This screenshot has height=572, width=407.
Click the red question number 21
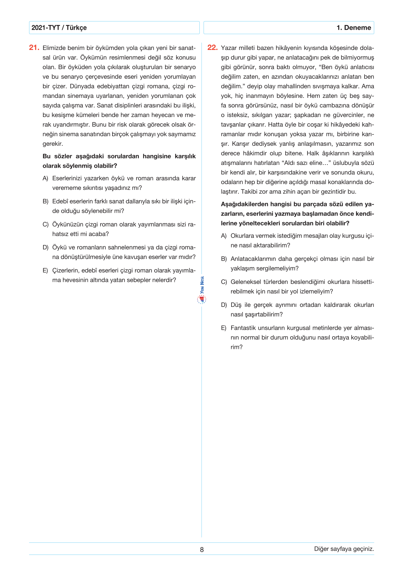click(34, 48)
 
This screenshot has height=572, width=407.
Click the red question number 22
click(212, 48)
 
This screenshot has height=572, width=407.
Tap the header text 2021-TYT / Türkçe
click(59, 28)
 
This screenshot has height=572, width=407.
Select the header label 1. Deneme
click(354, 28)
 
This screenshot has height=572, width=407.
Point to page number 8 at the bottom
click(202, 549)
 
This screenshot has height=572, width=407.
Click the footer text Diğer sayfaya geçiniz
click(344, 549)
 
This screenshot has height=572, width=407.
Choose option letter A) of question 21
click(45, 178)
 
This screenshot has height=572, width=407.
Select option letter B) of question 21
click(45, 201)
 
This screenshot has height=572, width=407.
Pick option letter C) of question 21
click(45, 224)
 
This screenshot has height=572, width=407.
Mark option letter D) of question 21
click(45, 247)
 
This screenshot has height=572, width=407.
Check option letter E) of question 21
click(45, 271)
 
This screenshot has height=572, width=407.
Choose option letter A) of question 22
click(224, 236)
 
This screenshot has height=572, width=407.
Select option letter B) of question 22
click(224, 259)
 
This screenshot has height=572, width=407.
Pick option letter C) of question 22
click(224, 282)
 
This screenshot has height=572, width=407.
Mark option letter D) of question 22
click(224, 305)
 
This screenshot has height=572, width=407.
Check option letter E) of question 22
click(224, 328)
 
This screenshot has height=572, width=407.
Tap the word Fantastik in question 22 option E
click(243, 328)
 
